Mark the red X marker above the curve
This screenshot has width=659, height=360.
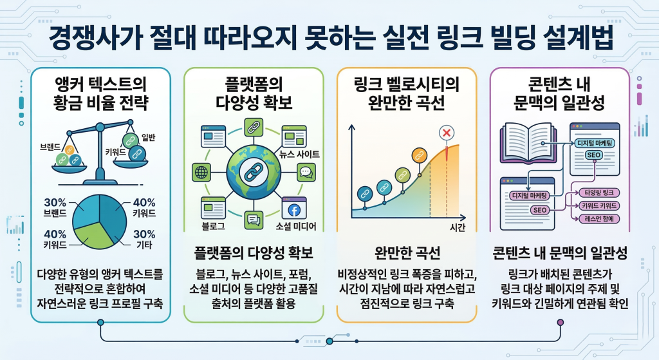(445, 133)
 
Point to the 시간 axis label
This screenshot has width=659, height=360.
(458, 227)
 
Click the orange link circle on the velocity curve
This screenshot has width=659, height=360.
(420, 155)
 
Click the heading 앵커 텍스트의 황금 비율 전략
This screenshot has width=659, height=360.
(99, 92)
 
